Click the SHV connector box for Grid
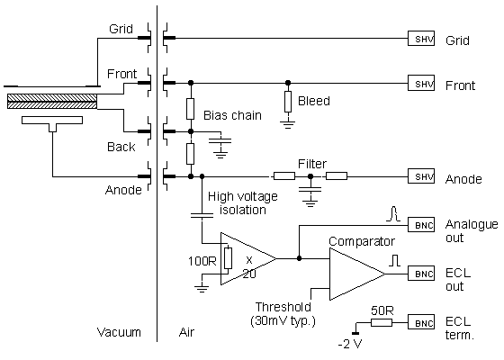[x=422, y=40]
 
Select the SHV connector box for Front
[x=422, y=84]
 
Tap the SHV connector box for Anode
[x=422, y=177]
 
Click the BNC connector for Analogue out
[x=422, y=224]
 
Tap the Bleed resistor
[x=287, y=101]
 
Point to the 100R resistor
[x=229, y=259]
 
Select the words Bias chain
[x=227, y=116]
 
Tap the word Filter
[x=312, y=164]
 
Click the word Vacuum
[x=119, y=332]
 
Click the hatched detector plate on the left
[x=51, y=104]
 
